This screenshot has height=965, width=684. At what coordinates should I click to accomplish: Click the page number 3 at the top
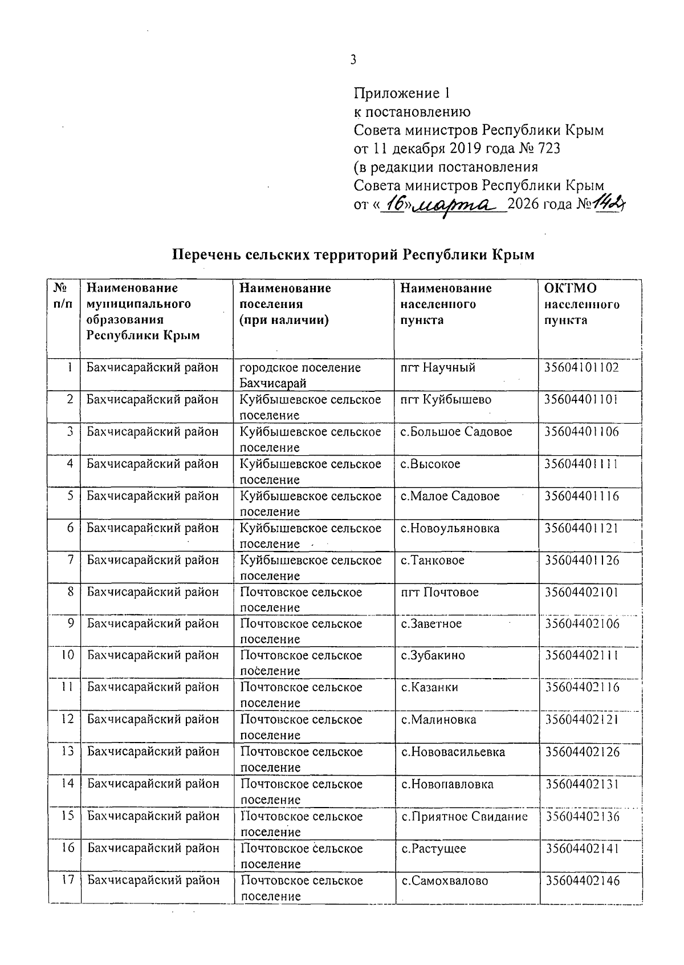click(353, 59)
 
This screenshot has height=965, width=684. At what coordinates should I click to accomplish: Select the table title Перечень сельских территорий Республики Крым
click(353, 254)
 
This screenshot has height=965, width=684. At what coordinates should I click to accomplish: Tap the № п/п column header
click(63, 296)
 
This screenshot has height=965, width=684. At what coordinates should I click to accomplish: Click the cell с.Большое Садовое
click(456, 432)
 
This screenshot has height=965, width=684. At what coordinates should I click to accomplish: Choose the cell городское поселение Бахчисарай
click(300, 375)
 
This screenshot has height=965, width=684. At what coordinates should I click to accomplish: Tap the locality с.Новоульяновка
click(450, 528)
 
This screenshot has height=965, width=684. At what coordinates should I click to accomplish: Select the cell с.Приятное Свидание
click(465, 816)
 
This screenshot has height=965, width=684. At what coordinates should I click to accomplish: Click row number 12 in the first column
click(68, 719)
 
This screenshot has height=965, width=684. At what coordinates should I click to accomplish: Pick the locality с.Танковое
click(433, 560)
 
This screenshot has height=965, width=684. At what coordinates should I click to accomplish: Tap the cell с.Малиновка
click(438, 719)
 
